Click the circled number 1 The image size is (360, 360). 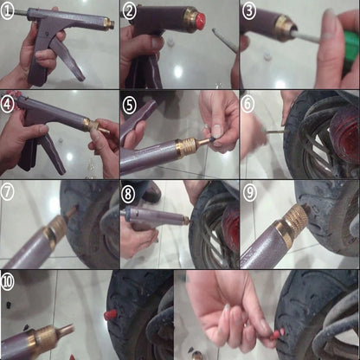pos(10,10)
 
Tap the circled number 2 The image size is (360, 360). pos(130,10)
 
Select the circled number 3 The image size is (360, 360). pos(249,10)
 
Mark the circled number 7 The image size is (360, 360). pos(10,190)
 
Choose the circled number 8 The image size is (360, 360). pos(130,190)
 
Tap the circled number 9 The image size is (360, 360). pos(249,190)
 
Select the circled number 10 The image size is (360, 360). pos(10,280)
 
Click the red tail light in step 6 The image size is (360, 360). pos(346,138)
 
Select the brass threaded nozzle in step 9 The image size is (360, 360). pos(295,220)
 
